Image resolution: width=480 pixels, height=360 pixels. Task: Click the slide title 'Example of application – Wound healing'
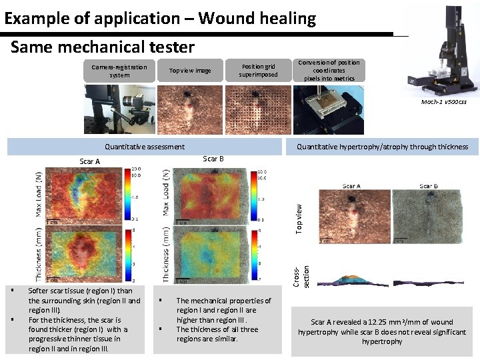coord(160,18)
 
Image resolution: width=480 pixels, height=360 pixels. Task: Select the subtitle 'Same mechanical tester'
coord(103,47)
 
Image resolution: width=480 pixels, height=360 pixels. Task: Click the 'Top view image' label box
coord(189,71)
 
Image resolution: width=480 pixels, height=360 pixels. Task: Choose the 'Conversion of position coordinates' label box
coord(329,71)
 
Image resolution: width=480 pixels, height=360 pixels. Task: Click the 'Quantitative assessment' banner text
coord(145,147)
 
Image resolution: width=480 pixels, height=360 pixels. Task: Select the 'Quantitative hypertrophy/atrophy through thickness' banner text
coord(382,147)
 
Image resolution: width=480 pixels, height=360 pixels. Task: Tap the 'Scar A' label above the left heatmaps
coord(89,161)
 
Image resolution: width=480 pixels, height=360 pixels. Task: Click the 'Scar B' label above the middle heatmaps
coord(213,159)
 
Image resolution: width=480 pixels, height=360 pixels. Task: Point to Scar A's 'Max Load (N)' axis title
coord(39,193)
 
